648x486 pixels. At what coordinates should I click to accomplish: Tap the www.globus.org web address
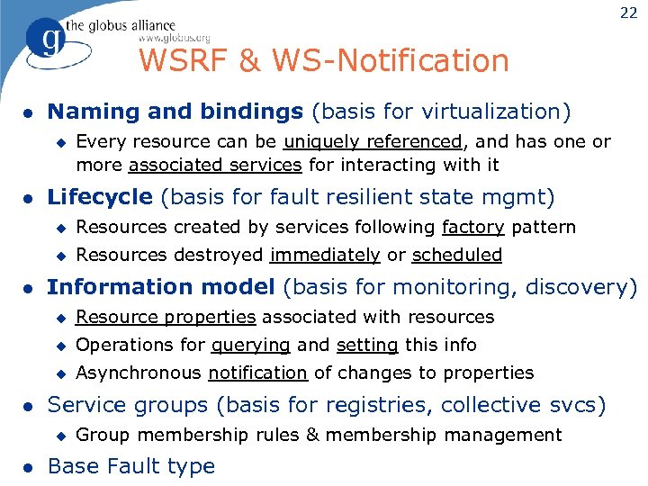pyautogui.click(x=174, y=38)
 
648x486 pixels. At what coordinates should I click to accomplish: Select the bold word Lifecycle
pyautogui.click(x=99, y=196)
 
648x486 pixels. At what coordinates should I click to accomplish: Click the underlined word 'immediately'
pyautogui.click(x=325, y=255)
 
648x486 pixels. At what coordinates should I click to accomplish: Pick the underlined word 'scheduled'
pyautogui.click(x=457, y=255)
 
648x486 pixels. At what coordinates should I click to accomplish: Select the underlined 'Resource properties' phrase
pyautogui.click(x=166, y=317)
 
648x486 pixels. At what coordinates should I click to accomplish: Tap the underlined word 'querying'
pyautogui.click(x=251, y=345)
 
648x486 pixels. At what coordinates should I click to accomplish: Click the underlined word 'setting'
pyautogui.click(x=367, y=345)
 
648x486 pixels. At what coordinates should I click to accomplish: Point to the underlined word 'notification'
pyautogui.click(x=258, y=373)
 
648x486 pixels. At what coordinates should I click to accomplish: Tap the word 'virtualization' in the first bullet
pyautogui.click(x=499, y=112)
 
